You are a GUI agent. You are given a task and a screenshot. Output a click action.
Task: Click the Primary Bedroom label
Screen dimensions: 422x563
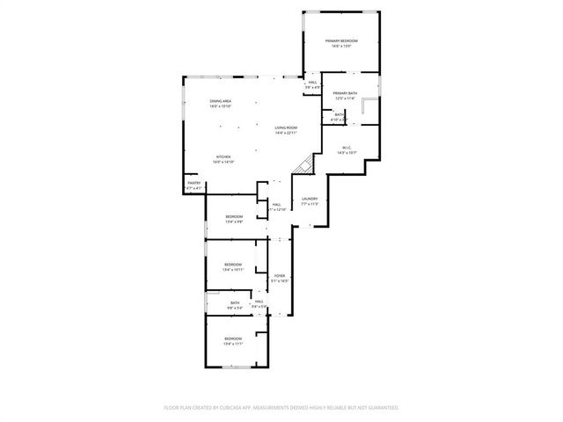pyautogui.click(x=341, y=41)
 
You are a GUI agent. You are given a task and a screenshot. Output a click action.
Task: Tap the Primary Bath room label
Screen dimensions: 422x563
pyautogui.click(x=344, y=93)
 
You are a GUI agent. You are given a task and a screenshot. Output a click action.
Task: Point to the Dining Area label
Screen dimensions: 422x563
pyautogui.click(x=221, y=101)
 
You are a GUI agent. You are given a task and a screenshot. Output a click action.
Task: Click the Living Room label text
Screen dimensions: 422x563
pyautogui.click(x=285, y=127)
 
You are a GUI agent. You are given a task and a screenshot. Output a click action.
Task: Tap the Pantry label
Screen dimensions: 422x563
pyautogui.click(x=194, y=183)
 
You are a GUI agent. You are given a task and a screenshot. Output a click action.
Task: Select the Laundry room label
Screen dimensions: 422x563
pyautogui.click(x=309, y=199)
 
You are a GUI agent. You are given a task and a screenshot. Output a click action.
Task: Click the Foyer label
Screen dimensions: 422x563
pyautogui.click(x=279, y=276)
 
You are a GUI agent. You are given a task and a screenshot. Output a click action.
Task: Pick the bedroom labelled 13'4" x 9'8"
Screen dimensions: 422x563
pyautogui.click(x=233, y=216)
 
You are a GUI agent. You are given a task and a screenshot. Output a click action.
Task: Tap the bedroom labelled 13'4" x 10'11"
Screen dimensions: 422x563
pyautogui.click(x=232, y=264)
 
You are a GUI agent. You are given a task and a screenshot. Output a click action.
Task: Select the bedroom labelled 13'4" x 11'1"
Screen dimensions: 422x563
pyautogui.click(x=232, y=338)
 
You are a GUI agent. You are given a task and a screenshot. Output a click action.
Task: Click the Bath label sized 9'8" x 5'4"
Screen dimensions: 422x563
pyautogui.click(x=235, y=302)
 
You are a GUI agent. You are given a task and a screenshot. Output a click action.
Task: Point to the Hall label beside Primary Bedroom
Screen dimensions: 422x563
pyautogui.click(x=312, y=83)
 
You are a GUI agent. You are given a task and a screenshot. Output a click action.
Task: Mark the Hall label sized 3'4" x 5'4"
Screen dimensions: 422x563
pyautogui.click(x=260, y=302)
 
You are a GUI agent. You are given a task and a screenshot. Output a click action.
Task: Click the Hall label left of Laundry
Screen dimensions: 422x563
pyautogui.click(x=276, y=205)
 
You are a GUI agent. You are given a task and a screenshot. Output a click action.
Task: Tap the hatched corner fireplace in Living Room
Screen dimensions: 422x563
pyautogui.click(x=305, y=164)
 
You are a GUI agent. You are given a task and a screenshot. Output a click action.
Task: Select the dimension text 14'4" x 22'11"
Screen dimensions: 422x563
pyautogui.click(x=285, y=134)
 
